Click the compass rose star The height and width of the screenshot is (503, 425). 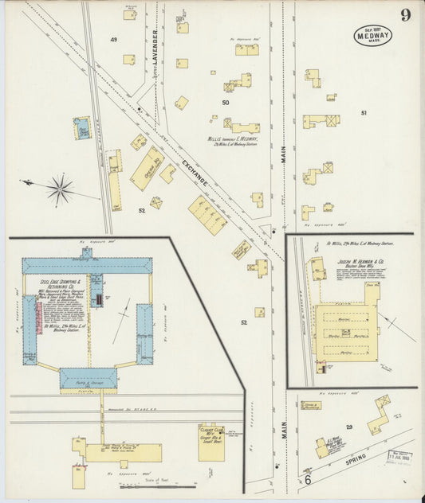(x=58, y=189)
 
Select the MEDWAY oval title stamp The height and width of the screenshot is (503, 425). (x=372, y=35)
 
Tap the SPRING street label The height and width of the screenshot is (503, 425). (x=356, y=459)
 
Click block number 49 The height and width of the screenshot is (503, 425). (x=114, y=39)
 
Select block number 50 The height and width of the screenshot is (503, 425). (x=226, y=102)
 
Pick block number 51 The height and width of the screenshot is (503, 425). (x=364, y=113)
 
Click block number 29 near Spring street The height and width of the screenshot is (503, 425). (x=348, y=427)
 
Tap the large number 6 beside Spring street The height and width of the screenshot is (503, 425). (x=307, y=479)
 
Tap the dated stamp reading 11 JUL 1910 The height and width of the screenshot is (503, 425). (x=399, y=457)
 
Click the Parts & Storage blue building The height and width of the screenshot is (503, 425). (x=88, y=377)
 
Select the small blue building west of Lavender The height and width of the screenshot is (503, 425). (x=82, y=127)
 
